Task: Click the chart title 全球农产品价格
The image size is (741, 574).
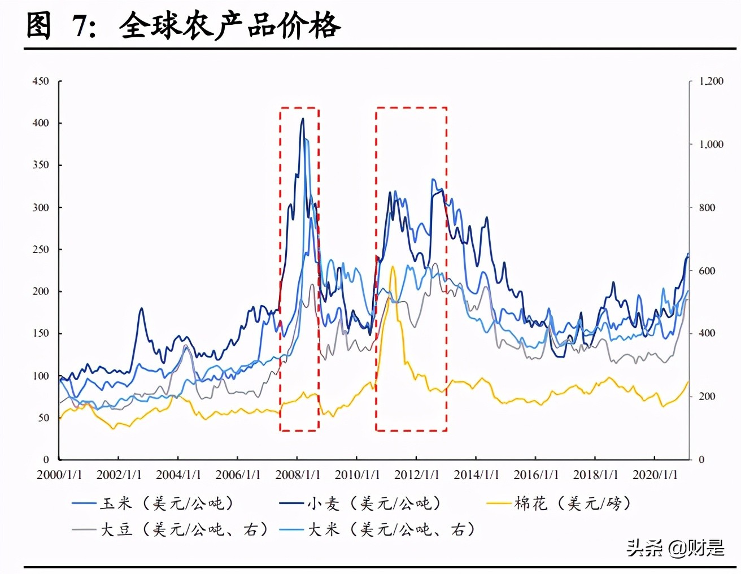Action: (x=230, y=25)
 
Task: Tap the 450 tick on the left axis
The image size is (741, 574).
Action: (x=41, y=81)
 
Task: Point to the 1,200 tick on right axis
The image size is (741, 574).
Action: (x=711, y=81)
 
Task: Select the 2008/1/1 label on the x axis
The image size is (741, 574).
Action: (x=298, y=475)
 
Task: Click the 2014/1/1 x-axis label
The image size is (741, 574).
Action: (x=476, y=475)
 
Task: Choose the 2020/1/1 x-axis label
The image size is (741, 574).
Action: (x=655, y=475)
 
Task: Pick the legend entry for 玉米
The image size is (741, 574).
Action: (x=152, y=503)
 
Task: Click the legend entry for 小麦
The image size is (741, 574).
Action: (x=360, y=503)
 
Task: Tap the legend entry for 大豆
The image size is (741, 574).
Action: (x=169, y=529)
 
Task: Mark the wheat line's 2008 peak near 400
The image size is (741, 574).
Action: (x=303, y=119)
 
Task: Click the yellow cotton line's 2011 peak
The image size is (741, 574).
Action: (x=393, y=267)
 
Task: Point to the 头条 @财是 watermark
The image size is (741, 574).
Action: (x=675, y=547)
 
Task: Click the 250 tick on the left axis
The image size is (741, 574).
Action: (x=41, y=249)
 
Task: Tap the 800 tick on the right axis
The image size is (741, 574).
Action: (x=707, y=207)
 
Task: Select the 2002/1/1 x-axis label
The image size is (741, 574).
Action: (x=119, y=475)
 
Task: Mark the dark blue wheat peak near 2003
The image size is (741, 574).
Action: (x=141, y=308)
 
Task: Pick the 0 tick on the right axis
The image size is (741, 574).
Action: (x=701, y=459)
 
